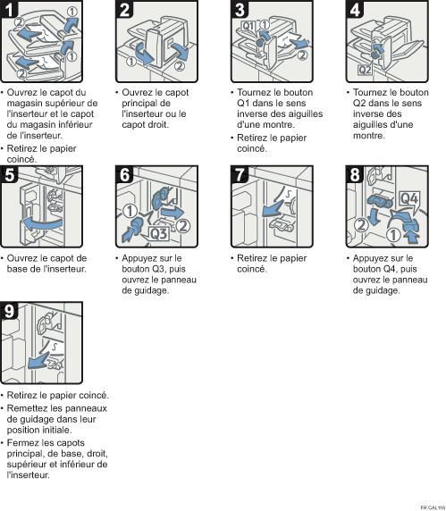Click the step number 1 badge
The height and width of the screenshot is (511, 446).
click(9, 9)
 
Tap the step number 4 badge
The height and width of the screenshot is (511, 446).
click(355, 9)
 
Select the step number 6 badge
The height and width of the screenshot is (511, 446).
click(124, 175)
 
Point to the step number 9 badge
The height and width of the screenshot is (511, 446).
click(9, 311)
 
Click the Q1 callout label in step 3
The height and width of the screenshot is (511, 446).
click(248, 26)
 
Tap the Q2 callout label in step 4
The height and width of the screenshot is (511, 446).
click(365, 70)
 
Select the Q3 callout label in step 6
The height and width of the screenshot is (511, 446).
click(159, 234)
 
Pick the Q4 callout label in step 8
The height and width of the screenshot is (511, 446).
click(409, 198)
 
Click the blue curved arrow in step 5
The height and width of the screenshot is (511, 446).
click(42, 224)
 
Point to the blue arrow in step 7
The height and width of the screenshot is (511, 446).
click(273, 208)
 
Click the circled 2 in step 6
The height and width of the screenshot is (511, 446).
click(183, 226)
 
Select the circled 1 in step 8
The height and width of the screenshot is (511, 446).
click(393, 235)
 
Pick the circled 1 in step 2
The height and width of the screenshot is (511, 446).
click(131, 62)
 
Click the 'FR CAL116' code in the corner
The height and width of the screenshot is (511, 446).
click(433, 507)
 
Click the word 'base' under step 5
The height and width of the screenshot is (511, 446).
click(16, 269)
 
